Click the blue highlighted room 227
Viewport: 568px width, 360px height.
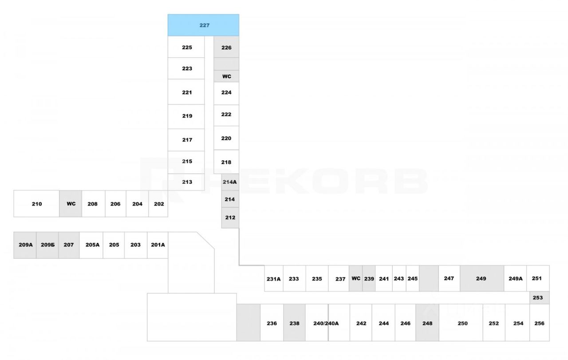coord(203,25)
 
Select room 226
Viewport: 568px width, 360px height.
coord(226,47)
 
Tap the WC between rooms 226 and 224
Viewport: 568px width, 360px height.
coord(226,76)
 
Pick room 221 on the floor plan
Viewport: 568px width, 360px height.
coord(186,92)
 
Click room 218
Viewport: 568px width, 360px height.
coord(226,162)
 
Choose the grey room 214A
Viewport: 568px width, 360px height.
coord(230,182)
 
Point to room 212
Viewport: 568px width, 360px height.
coord(230,218)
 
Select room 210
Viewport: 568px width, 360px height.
coord(36,204)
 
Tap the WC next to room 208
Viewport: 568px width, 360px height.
coord(71,204)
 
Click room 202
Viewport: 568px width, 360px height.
coord(158,204)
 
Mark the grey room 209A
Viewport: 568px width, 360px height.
coord(25,245)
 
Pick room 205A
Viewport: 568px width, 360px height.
coord(91,245)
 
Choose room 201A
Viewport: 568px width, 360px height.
coord(158,245)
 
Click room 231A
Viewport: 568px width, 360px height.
coord(274,278)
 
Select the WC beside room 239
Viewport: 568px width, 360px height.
coord(356,278)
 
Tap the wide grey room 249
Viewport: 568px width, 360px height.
coord(482,278)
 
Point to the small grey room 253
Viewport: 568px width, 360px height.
coord(539,297)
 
